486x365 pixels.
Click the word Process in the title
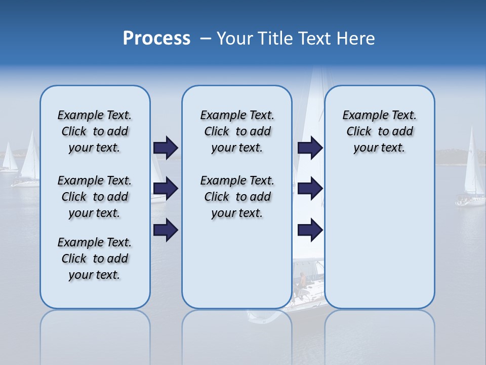coord(156,39)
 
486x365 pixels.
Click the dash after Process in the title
coord(205,39)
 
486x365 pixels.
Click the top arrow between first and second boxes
coord(166,148)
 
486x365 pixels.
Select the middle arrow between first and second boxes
coord(166,189)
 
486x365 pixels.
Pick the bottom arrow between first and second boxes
coord(166,230)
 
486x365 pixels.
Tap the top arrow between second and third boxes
coord(310,148)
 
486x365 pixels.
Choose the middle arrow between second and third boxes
coord(310,189)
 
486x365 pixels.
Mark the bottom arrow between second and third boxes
coord(310,230)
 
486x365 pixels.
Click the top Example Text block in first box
coord(95,131)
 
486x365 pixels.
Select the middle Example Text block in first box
coord(95,197)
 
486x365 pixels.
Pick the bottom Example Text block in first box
coord(95,259)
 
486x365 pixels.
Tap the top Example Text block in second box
coord(237,131)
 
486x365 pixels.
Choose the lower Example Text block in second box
coord(237,197)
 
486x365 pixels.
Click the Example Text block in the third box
coord(379,131)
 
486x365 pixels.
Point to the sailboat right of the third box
coord(472,172)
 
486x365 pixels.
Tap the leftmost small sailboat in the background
coord(9,158)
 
